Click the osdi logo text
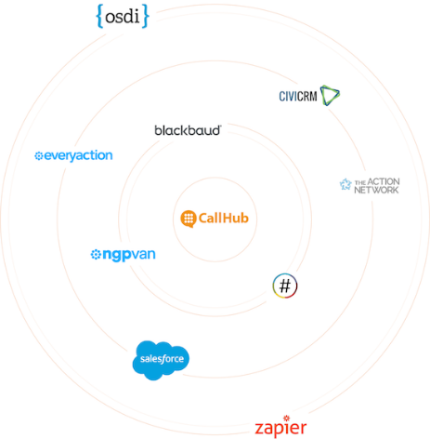(123, 17)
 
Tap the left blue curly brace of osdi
(99, 16)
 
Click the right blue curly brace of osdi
(146, 16)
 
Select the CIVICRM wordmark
(298, 97)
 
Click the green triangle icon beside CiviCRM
(330, 95)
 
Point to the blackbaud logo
(188, 130)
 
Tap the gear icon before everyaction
(39, 156)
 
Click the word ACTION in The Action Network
(384, 181)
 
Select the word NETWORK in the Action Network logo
(376, 190)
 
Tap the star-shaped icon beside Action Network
(345, 184)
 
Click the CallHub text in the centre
(224, 218)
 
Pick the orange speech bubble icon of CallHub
(189, 219)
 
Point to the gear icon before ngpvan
(96, 255)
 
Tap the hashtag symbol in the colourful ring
(285, 286)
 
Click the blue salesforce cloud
(161, 360)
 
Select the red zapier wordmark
(280, 427)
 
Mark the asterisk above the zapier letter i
(286, 419)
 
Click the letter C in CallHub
(203, 218)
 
